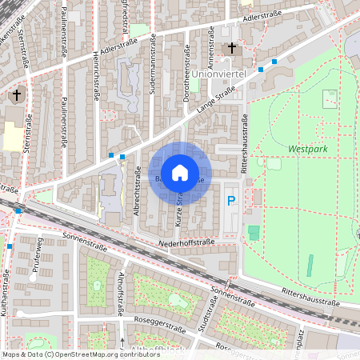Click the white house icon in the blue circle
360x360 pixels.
pos(181,172)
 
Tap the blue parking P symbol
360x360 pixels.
pos(232,201)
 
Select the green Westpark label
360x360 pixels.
pos(308,149)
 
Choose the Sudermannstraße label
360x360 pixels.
pos(153,72)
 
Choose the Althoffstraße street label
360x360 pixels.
pos(121,291)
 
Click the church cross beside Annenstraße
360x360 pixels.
pos(232,49)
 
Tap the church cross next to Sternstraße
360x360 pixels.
pos(15,96)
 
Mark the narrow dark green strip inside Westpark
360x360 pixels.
pos(310,265)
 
